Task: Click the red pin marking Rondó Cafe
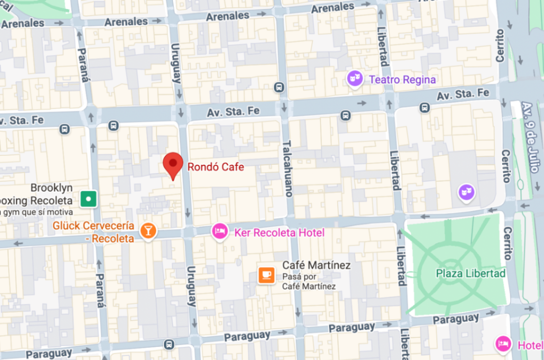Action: [x=173, y=163]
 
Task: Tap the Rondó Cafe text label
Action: [x=216, y=167]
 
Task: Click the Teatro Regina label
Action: [x=402, y=80]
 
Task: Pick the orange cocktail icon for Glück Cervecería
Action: [x=148, y=231]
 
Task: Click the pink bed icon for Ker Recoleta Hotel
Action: [x=220, y=232]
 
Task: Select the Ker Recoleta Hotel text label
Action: [x=279, y=233]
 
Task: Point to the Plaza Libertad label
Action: [x=470, y=273]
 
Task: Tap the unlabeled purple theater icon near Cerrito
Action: [x=466, y=192]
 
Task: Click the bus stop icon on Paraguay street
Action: [x=169, y=345]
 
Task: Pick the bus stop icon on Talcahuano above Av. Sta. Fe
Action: [x=279, y=87]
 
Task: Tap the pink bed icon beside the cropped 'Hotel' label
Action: [x=503, y=343]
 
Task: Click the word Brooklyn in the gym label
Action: [x=51, y=187]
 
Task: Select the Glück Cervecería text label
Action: [x=93, y=232]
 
